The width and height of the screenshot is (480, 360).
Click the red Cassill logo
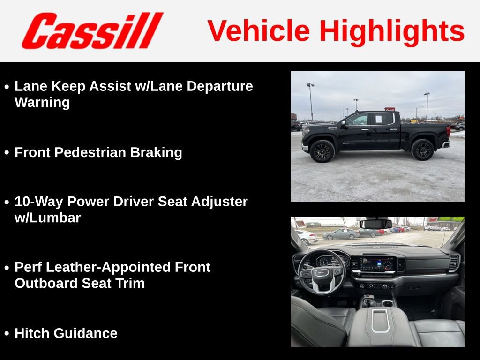coord(92,30)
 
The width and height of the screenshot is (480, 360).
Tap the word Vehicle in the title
coord(259,30)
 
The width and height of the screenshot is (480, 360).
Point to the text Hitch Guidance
coord(66,333)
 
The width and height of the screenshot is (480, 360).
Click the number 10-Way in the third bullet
coord(38,202)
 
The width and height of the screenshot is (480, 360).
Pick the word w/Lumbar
coord(48,217)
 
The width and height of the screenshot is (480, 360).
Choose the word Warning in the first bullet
coord(42,103)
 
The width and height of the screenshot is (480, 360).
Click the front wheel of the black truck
coord(322,151)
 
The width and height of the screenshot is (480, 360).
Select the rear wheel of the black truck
coord(423,150)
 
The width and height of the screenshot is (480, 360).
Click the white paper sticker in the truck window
coord(378,119)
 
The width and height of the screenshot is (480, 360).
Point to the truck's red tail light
coord(448,131)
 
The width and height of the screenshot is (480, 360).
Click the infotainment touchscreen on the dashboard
coord(376,264)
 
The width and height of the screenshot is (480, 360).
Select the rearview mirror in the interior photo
coord(375,224)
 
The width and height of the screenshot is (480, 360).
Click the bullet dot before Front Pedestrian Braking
coord(7,152)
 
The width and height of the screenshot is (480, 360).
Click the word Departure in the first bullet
coord(220,86)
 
